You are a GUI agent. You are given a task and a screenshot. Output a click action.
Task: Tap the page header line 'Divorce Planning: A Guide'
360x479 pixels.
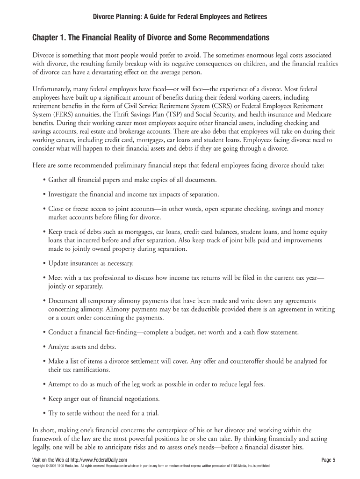click(179, 17)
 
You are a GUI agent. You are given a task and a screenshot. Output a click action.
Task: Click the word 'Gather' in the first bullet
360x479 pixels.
click(58, 180)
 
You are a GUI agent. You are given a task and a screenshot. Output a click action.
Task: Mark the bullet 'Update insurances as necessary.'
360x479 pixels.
click(91, 263)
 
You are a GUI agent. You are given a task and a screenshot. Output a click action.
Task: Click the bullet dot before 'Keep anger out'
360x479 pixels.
click(43, 399)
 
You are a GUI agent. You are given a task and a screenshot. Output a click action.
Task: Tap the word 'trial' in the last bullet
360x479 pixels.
click(151, 414)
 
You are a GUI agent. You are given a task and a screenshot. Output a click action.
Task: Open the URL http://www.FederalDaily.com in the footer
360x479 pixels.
click(95, 460)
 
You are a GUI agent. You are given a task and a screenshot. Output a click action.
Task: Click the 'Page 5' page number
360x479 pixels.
click(329, 460)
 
